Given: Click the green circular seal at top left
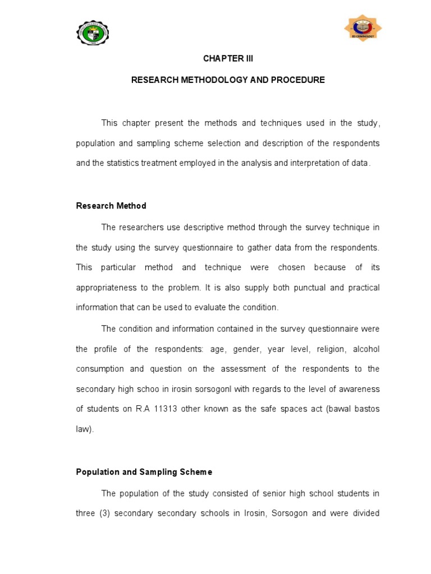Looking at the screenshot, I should (x=93, y=34).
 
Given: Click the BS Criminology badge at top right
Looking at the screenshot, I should (x=363, y=29).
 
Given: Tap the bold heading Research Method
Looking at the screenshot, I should (x=111, y=206).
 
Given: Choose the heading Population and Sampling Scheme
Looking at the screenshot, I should (x=144, y=472).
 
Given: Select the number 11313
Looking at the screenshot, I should (x=163, y=409).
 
